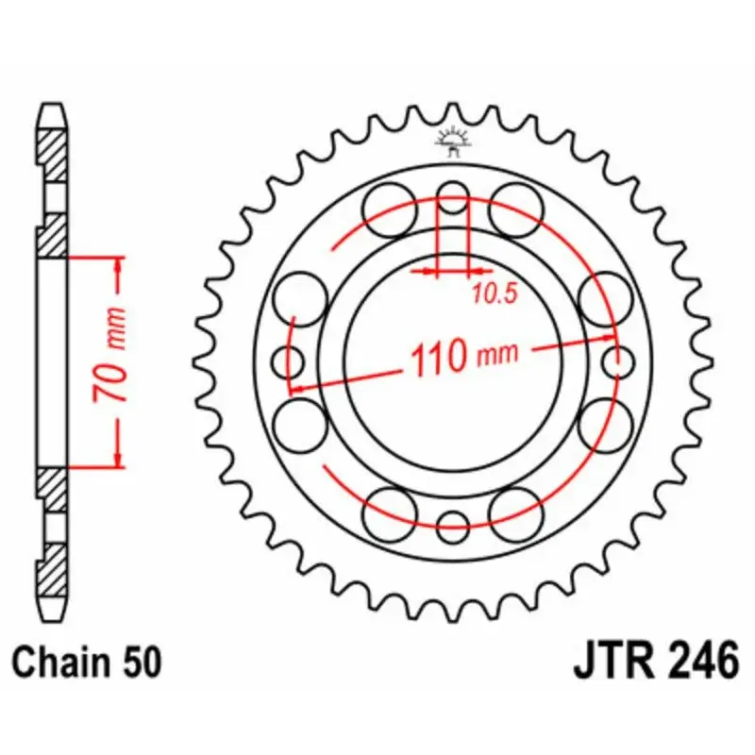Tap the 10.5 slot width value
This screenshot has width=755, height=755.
tap(495, 295)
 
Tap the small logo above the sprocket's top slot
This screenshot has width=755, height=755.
tap(453, 143)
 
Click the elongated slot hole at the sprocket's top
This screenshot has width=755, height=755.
tap(453, 200)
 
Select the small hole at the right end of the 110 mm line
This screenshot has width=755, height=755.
tap(619, 360)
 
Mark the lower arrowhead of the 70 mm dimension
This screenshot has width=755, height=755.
tap(117, 459)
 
